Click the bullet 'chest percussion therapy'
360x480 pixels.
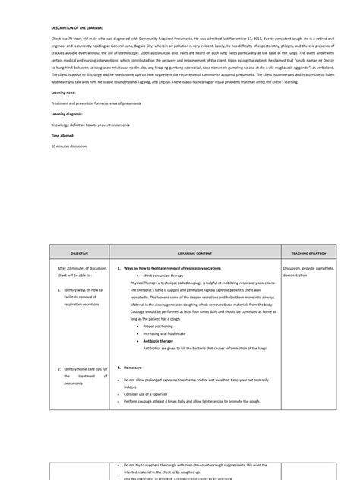coord(165,276)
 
